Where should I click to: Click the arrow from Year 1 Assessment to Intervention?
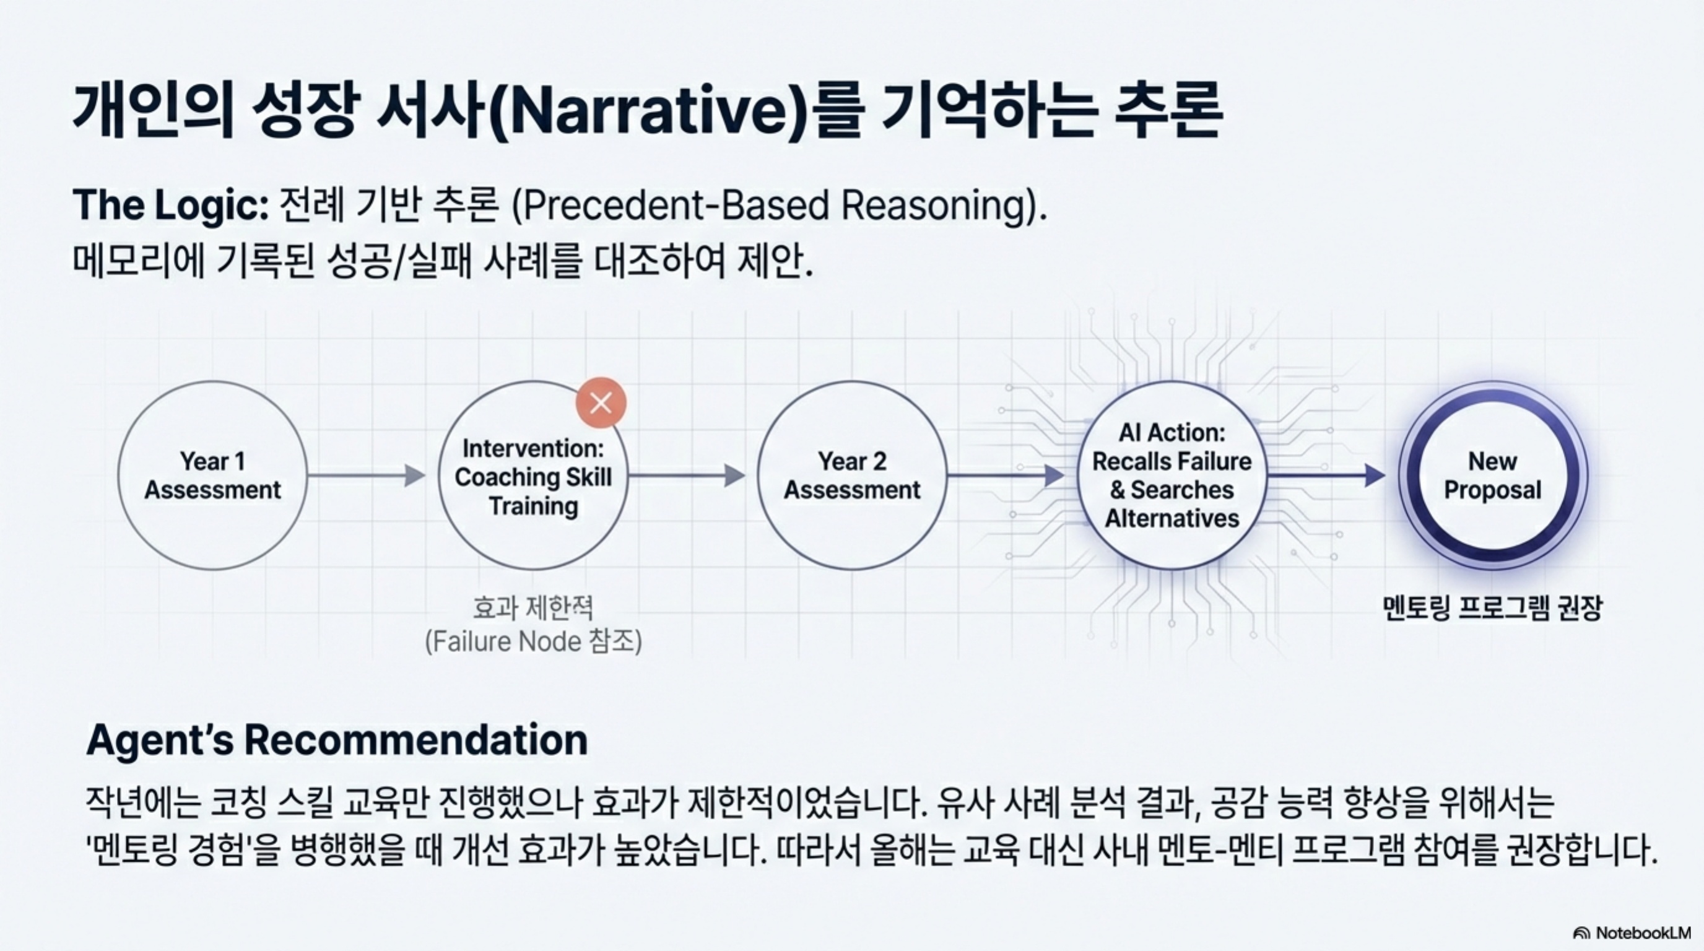point(367,475)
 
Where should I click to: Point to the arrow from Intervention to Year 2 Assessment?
point(687,475)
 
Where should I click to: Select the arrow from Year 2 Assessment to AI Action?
point(1006,475)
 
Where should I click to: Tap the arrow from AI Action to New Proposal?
point(1326,475)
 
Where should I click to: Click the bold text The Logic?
point(171,205)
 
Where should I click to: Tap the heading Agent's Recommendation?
point(337,740)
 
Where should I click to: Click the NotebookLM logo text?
point(1643,932)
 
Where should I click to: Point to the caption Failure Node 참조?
point(533,641)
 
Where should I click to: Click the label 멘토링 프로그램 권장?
point(1492,608)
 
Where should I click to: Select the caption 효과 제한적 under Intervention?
point(533,607)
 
